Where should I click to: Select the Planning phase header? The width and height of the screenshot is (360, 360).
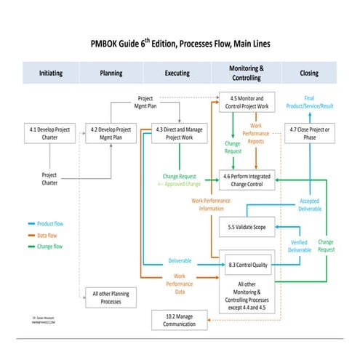point(111,73)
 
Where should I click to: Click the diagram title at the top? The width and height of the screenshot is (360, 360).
point(180,44)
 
